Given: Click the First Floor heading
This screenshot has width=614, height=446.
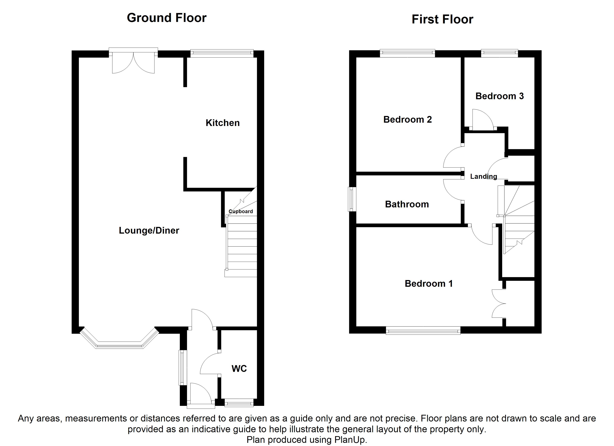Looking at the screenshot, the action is [x=442, y=20].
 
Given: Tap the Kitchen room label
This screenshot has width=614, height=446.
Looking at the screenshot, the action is [x=223, y=123].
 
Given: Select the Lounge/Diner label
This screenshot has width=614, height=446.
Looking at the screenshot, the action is [x=149, y=230].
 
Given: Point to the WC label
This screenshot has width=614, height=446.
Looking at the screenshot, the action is [x=239, y=369].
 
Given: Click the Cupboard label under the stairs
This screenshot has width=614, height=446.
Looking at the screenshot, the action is [x=241, y=211].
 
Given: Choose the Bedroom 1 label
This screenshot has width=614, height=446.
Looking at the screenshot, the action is [x=428, y=283].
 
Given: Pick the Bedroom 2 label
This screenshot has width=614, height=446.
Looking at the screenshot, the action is [x=407, y=119].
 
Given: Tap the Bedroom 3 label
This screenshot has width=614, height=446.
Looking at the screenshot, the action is [x=500, y=96].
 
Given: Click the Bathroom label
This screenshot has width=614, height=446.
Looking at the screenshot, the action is [x=407, y=204].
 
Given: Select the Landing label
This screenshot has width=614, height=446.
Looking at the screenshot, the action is [x=484, y=176].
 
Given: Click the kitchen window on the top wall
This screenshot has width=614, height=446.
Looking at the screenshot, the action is [x=222, y=53].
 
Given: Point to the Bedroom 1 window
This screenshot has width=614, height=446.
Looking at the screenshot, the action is [x=423, y=330].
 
